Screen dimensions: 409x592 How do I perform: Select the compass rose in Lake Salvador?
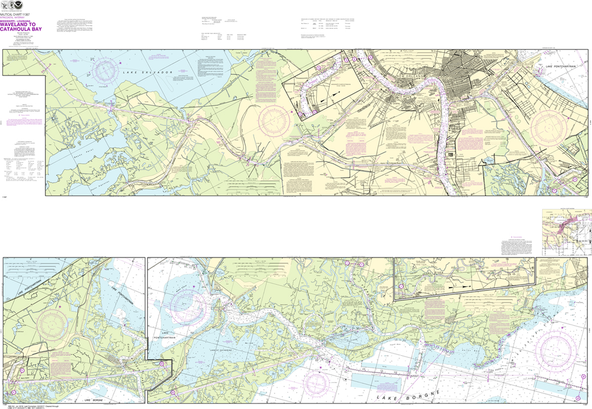click(x=106, y=71)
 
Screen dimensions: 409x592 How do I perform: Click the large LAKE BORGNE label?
click(x=404, y=399)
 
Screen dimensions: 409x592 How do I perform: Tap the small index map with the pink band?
click(x=567, y=231)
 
